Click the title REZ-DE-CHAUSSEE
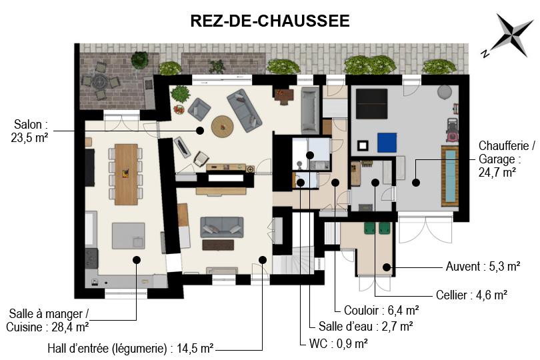[x=270, y=21]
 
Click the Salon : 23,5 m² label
[x=29, y=131]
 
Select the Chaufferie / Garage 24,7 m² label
[x=507, y=159]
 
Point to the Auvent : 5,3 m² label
[x=483, y=266]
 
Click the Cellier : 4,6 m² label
[x=471, y=295]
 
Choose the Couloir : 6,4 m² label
[x=381, y=311]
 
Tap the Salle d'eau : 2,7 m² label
[x=366, y=326]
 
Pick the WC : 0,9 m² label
[x=338, y=343]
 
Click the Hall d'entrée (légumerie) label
[x=131, y=348]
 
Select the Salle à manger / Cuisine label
[x=47, y=321]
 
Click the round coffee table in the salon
[x=223, y=127]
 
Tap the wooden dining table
[x=126, y=174]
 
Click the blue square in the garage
[x=387, y=143]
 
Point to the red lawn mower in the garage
[x=452, y=130]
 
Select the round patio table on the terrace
[x=100, y=81]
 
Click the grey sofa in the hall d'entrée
[x=222, y=227]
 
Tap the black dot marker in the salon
[x=200, y=131]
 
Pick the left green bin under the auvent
[x=370, y=228]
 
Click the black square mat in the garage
[x=371, y=103]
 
